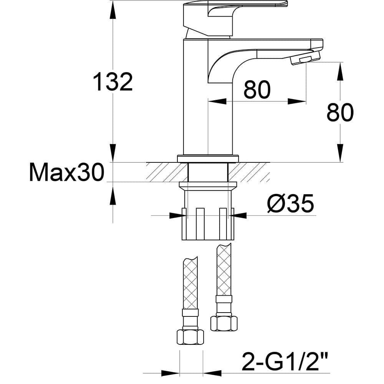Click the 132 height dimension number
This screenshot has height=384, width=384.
click(x=113, y=81)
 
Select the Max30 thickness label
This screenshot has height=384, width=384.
click(x=66, y=173)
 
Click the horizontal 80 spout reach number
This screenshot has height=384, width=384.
click(x=257, y=90)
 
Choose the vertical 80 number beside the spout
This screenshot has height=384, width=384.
click(x=340, y=113)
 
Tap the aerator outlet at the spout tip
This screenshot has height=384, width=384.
click(x=305, y=60)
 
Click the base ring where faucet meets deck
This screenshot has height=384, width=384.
click(x=208, y=158)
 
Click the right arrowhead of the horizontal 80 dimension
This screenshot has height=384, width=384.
click(x=298, y=101)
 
